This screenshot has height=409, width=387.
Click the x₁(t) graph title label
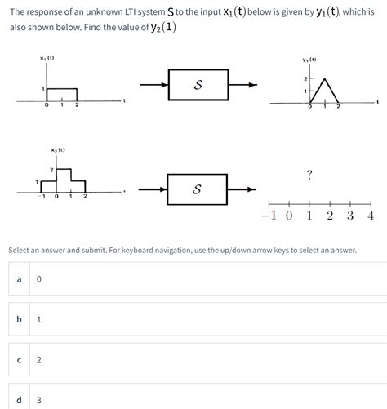point(47,57)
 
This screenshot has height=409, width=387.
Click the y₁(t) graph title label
point(309,59)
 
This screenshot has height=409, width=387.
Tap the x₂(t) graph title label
point(57,150)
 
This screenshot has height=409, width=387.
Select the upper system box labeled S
point(198,84)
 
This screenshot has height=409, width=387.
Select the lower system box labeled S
point(198,189)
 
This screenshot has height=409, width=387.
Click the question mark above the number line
point(309,174)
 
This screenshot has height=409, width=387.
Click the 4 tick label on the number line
point(370,217)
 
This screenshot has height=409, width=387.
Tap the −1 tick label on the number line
point(269,217)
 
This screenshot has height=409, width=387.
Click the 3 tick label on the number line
point(349,217)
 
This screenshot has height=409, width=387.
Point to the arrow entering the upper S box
point(153,84)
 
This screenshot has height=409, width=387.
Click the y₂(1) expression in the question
point(158,27)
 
